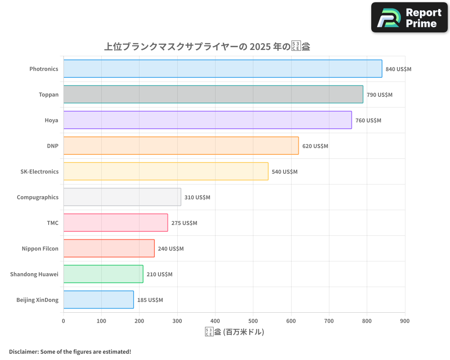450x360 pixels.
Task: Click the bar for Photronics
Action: click(223, 69)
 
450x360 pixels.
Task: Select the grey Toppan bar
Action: click(213, 94)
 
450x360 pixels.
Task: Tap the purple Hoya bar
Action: click(207, 120)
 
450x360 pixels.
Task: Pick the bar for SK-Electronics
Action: click(166, 171)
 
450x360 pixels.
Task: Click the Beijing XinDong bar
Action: click(99, 300)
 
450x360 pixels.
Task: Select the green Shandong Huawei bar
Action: click(103, 274)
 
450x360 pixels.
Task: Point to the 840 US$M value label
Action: click(398, 69)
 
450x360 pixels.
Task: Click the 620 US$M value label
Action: click(315, 146)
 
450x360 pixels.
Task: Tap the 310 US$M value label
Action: click(197, 198)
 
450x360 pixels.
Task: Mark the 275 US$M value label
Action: click(184, 223)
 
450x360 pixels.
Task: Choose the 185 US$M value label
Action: click(150, 300)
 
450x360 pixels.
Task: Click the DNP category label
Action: click(53, 146)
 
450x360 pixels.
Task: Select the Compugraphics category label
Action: click(37, 198)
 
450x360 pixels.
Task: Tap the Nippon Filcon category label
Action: click(40, 249)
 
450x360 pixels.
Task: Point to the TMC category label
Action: click(53, 223)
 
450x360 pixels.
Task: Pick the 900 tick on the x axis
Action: click(405, 321)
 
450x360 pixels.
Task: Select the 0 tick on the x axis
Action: click(63, 321)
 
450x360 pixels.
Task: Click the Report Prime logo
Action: click(409, 18)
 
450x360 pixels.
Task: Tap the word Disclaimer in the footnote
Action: click(23, 352)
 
